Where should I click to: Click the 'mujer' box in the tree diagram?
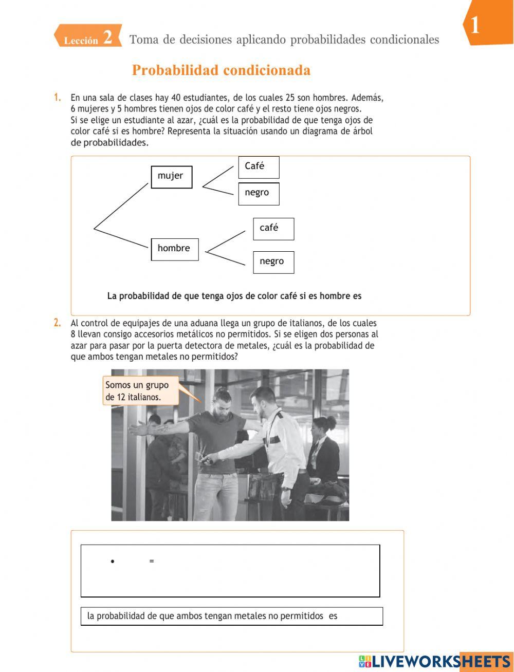coord(171,177)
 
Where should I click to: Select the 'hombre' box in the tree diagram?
coord(174,249)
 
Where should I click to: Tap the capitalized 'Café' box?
coord(259,167)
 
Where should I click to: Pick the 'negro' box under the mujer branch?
coord(259,194)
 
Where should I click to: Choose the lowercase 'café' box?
coord(273,229)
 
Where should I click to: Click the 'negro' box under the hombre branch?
coord(273,262)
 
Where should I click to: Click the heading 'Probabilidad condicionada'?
coord(221,70)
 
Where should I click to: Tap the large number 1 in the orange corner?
coord(475,25)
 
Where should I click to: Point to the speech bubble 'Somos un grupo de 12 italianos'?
coord(140,391)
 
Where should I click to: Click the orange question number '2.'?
coord(58,323)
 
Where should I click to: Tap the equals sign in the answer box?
coord(152,561)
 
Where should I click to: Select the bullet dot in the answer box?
coord(112,562)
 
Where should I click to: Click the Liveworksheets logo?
coord(434,661)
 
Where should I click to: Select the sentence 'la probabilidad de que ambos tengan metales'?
coord(212,616)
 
